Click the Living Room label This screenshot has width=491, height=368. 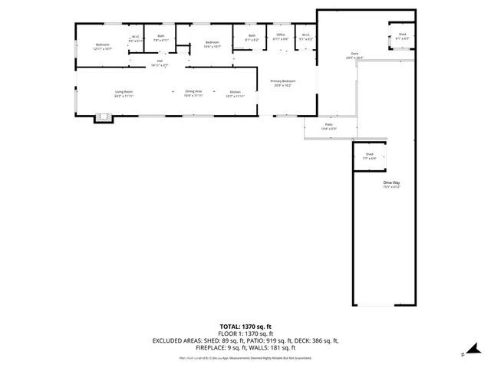click(x=124, y=93)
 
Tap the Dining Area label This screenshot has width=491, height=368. click(x=193, y=93)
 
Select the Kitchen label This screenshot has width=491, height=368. click(x=234, y=93)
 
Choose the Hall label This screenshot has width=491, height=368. click(x=160, y=62)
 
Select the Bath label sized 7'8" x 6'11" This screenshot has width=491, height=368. click(x=161, y=37)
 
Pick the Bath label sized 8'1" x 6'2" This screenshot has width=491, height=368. click(x=252, y=37)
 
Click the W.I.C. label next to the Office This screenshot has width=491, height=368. click(x=305, y=36)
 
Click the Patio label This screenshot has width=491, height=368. click(x=328, y=126)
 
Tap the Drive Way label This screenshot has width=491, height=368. click(x=392, y=184)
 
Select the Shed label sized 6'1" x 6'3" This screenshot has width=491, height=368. click(x=402, y=36)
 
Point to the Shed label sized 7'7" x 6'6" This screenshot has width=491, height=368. click(x=369, y=156)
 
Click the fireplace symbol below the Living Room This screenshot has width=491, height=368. click(x=103, y=118)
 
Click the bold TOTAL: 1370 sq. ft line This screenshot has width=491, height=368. click(x=245, y=327)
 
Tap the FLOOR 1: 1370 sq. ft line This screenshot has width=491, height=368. click(x=245, y=333)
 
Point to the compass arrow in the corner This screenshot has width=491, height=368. click(x=464, y=353)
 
